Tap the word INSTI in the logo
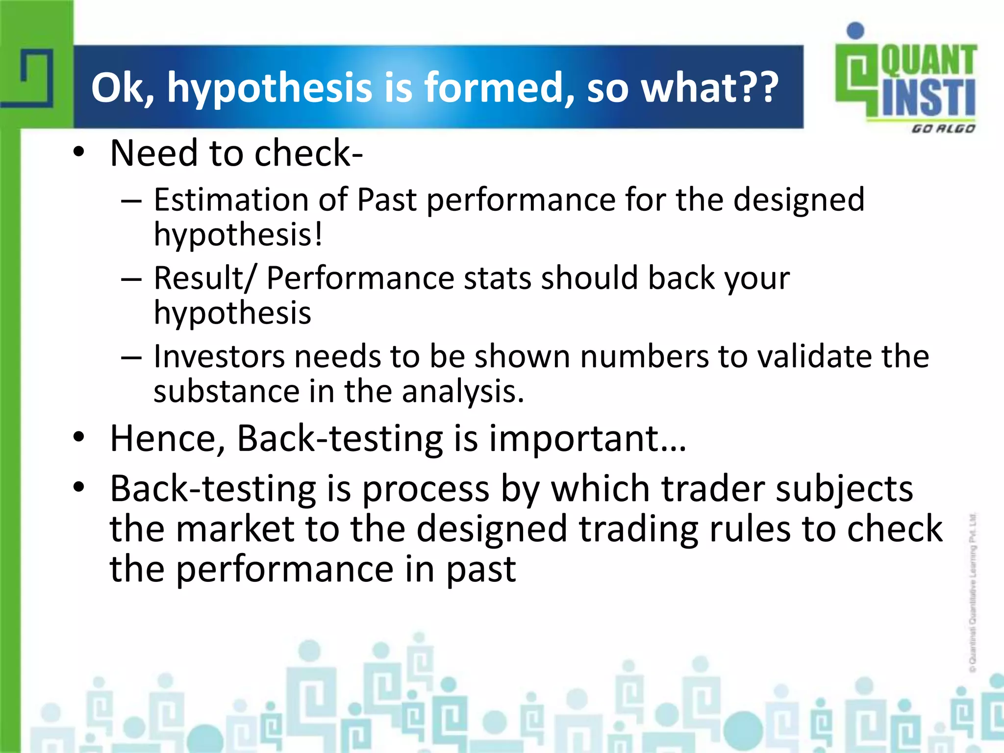click(x=929, y=98)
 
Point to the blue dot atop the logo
click(x=855, y=30)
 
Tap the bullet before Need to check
click(x=78, y=153)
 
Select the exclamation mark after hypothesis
click(x=319, y=234)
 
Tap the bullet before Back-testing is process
click(x=78, y=488)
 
